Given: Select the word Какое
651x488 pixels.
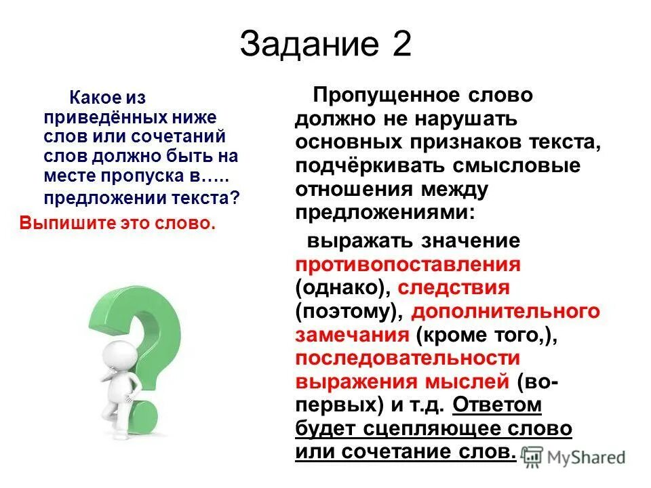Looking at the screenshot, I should pos(92,99).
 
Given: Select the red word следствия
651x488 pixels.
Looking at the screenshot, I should pos(453,287).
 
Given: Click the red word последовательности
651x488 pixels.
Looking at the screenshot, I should pos(407,358).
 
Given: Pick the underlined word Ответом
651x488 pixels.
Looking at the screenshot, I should pos(497,405).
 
